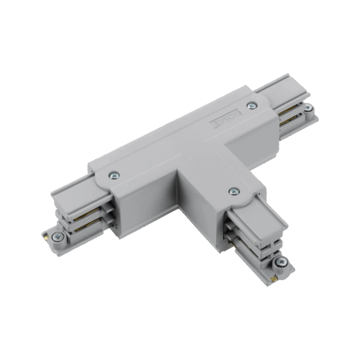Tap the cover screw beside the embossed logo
click(x=251, y=107)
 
